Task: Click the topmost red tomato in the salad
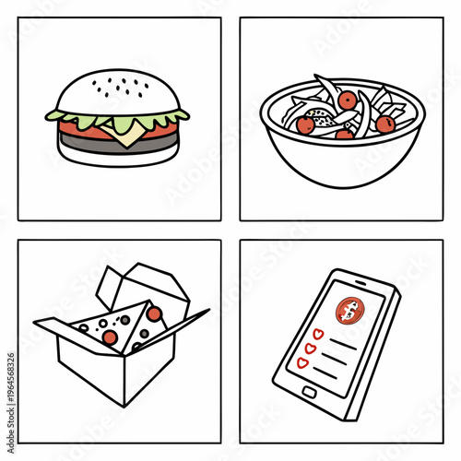(x=347, y=100)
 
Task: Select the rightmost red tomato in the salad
(x=385, y=124)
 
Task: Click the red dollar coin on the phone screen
(x=350, y=313)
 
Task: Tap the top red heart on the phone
(x=319, y=333)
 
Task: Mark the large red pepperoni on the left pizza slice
(x=110, y=337)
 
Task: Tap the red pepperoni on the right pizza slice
(x=154, y=313)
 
